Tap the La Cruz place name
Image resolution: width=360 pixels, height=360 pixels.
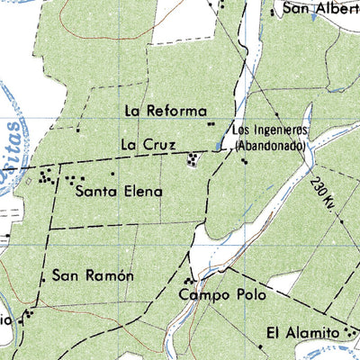[143, 144]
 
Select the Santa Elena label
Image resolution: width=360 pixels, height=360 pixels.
[119, 191]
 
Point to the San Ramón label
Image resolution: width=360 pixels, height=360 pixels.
[93, 275]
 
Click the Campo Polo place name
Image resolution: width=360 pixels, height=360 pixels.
[212, 294]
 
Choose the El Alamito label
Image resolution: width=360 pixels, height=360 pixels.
[302, 333]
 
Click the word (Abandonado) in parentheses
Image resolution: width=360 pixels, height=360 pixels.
[271, 144]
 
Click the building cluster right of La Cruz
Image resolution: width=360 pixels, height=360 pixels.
[192, 160]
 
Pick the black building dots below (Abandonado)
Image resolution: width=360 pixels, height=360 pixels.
[244, 160]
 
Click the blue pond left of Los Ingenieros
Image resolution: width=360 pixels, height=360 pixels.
[220, 144]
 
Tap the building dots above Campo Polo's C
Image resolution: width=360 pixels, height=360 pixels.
[189, 280]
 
